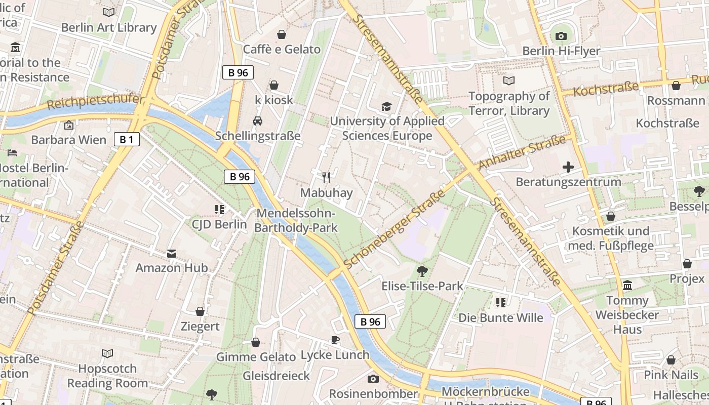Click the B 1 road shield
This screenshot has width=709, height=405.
pyautogui.click(x=126, y=139)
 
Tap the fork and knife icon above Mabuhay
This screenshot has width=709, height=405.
pyautogui.click(x=326, y=178)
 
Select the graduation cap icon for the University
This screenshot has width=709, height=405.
pyautogui.click(x=387, y=106)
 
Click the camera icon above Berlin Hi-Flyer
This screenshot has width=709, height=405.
pyautogui.click(x=561, y=36)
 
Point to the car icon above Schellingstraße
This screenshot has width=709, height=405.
pyautogui.click(x=258, y=120)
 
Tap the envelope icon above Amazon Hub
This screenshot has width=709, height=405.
pyautogui.click(x=172, y=253)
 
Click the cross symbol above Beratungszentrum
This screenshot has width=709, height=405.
pyautogui.click(x=568, y=167)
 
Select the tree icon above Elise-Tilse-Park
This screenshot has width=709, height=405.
pyautogui.click(x=422, y=271)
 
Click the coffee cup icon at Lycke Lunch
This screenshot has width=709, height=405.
pyautogui.click(x=335, y=340)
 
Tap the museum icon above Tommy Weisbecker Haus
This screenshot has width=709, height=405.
pyautogui.click(x=627, y=286)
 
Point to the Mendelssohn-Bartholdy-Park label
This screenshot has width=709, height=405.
pyautogui.click(x=296, y=221)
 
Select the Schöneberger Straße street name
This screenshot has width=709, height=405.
pyautogui.click(x=394, y=229)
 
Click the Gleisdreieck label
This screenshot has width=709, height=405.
pyautogui.click(x=276, y=376)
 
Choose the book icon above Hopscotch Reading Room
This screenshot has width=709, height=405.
pyautogui.click(x=107, y=353)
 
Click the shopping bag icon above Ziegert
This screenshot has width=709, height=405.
pyautogui.click(x=200, y=311)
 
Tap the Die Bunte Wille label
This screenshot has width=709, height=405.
pyautogui.click(x=500, y=318)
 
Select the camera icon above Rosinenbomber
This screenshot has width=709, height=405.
pyautogui.click(x=373, y=379)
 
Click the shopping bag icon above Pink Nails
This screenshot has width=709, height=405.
pyautogui.click(x=671, y=360)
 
